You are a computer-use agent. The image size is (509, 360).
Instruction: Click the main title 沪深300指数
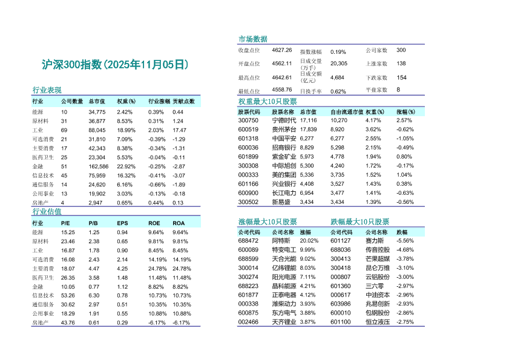pyautogui.click(x=115, y=65)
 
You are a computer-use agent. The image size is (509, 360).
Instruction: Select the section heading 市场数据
pyautogui.click(x=253, y=39)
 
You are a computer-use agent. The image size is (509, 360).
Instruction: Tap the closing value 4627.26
pyautogui.click(x=282, y=50)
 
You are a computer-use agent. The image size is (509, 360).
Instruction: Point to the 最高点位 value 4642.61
pyautogui.click(x=282, y=77)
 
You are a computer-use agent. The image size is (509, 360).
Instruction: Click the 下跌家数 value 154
pyautogui.click(x=401, y=77)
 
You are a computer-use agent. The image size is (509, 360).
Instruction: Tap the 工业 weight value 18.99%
pyautogui.click(x=126, y=130)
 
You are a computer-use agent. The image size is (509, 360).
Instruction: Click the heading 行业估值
pyautogui.click(x=47, y=212)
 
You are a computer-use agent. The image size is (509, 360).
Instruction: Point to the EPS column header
pyautogui.click(x=122, y=223)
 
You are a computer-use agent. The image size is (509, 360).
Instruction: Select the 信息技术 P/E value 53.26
pyautogui.click(x=68, y=295)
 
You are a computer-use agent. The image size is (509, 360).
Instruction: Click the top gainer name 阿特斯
pyautogui.click(x=281, y=240)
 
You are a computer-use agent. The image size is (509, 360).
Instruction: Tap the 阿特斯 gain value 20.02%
pyautogui.click(x=309, y=240)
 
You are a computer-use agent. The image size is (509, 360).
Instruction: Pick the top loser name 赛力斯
pyautogui.click(x=376, y=240)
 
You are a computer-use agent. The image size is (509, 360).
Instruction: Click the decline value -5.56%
pyautogui.click(x=405, y=240)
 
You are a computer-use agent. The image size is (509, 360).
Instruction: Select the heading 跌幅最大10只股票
pyautogui.click(x=360, y=222)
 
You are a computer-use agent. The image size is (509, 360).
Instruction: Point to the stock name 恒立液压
pyautogui.click(x=378, y=322)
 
